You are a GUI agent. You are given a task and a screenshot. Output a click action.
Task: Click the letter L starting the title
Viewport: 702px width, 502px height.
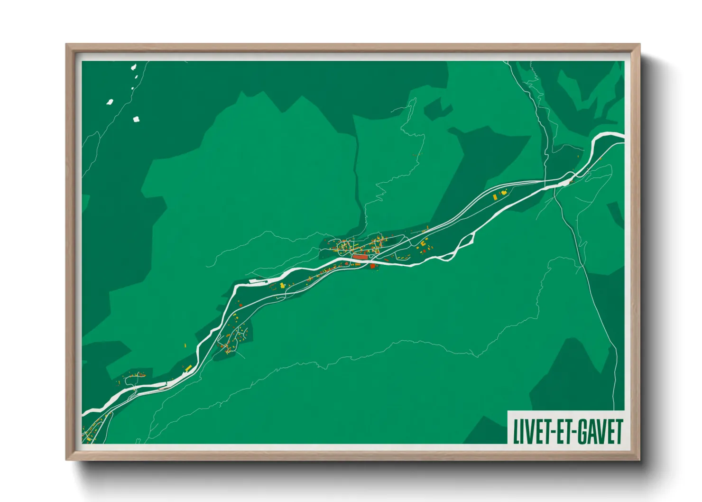(517, 432)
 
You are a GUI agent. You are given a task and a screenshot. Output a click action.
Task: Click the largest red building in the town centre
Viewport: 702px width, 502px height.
(360, 257)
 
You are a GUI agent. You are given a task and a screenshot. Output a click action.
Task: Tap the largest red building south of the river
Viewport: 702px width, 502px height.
(372, 266)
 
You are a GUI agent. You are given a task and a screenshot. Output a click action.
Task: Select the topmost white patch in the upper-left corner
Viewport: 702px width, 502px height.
(134, 67)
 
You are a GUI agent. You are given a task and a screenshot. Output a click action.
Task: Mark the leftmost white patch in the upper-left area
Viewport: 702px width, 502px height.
(110, 102)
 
